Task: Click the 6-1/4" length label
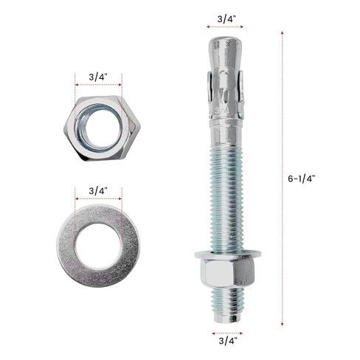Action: point(301,179)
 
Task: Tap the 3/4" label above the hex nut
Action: point(98,77)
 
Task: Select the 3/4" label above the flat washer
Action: point(98,191)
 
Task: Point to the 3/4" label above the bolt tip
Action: point(226,19)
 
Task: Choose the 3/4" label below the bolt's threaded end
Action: point(228,341)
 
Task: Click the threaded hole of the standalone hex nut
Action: point(99,128)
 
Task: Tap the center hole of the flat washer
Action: point(98,246)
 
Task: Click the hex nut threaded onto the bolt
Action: point(227,272)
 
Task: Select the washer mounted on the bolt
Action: point(228,254)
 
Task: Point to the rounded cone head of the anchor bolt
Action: point(226,53)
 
